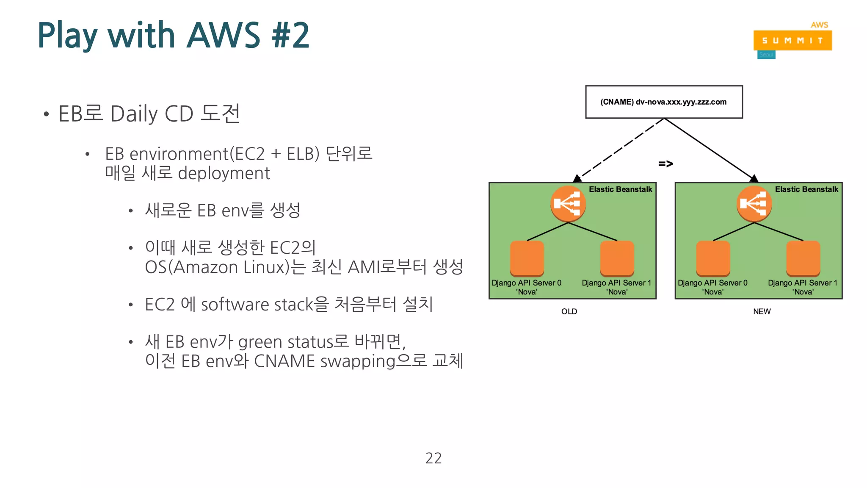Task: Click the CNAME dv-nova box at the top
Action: pos(663,102)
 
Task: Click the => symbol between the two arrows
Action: pos(665,164)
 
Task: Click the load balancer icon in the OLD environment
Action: pos(568,204)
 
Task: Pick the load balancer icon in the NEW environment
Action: pos(754,204)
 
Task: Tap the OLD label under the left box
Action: pos(569,312)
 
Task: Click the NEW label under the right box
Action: pos(762,312)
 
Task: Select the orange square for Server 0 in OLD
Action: pos(527,258)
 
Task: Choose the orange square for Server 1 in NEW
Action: pos(803,258)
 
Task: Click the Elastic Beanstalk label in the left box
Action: pos(620,189)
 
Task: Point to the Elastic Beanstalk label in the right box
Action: pos(806,189)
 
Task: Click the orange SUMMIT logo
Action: pos(792,41)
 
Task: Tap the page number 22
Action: pos(433,458)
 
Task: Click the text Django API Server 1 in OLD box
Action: pos(616,283)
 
